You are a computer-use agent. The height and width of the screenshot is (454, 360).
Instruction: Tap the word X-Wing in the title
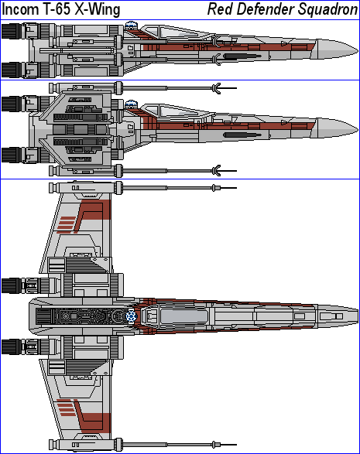click(98, 10)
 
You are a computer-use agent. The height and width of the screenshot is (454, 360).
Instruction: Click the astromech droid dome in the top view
click(132, 316)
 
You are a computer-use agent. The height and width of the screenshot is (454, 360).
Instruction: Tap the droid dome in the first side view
click(131, 26)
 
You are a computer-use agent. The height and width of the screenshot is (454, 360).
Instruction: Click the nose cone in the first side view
click(335, 49)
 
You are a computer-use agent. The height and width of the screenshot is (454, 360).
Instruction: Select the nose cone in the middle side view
click(335, 128)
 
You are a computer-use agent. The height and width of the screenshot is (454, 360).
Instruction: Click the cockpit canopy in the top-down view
click(183, 316)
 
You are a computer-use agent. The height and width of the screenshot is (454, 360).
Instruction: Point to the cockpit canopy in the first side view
click(177, 32)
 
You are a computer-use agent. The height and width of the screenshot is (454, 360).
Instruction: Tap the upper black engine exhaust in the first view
click(12, 31)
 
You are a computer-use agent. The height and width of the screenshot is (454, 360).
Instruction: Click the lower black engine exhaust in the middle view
click(12, 155)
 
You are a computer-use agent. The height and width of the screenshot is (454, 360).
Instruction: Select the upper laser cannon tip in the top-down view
click(225, 188)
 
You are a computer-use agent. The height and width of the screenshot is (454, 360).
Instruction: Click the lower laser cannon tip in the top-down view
click(225, 445)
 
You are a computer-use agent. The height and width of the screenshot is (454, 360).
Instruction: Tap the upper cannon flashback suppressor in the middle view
click(217, 88)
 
